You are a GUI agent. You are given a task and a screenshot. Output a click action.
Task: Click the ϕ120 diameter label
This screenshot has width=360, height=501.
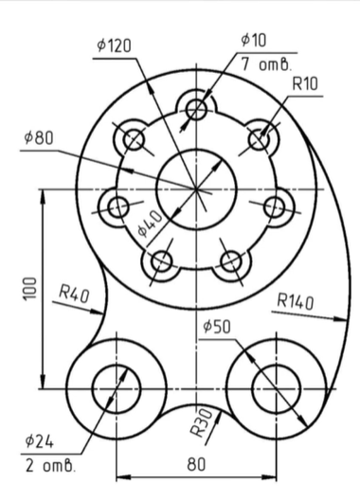[x=114, y=45]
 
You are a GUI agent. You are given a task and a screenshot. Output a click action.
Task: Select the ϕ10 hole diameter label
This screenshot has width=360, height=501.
[x=255, y=40]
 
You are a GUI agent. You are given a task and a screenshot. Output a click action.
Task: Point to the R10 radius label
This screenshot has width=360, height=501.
[x=304, y=84]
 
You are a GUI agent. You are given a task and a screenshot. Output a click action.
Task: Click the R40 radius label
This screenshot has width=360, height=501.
[x=73, y=294]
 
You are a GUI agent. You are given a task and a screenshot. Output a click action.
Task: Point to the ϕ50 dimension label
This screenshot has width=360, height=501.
[x=216, y=326]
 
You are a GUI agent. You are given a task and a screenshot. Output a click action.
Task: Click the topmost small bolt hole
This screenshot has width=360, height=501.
[x=197, y=107]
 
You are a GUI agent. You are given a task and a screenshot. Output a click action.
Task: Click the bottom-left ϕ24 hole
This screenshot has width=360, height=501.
[x=117, y=387]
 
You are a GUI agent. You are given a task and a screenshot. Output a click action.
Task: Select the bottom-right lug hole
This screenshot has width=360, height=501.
[x=275, y=387]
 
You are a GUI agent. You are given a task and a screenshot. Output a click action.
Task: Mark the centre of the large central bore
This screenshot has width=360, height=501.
[x=197, y=188]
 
